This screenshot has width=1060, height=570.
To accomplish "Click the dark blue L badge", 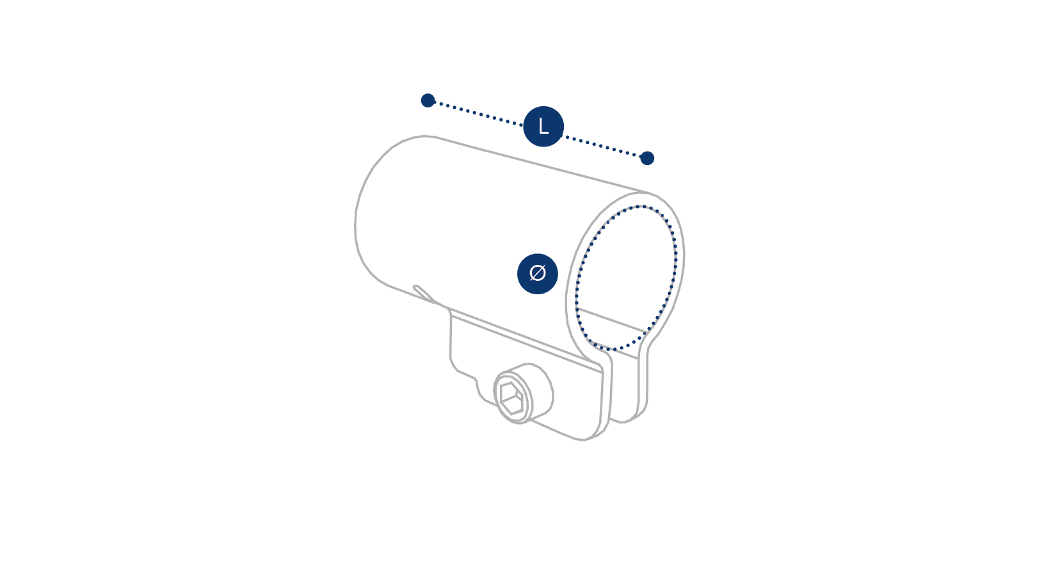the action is point(543,126).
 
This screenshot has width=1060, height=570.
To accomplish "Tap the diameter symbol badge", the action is point(538,274).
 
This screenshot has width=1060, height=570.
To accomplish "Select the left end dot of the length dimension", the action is point(428,100).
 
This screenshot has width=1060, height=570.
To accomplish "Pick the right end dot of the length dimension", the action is point(647,158).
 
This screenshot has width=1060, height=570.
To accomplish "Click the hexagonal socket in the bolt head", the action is point(511,399).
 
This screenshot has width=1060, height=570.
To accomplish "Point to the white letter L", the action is point(543,127).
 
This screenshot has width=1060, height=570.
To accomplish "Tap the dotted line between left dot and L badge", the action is point(478,113).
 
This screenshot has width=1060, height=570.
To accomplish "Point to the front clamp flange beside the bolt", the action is point(526,374).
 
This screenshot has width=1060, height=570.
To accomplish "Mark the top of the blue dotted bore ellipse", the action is point(640,206).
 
